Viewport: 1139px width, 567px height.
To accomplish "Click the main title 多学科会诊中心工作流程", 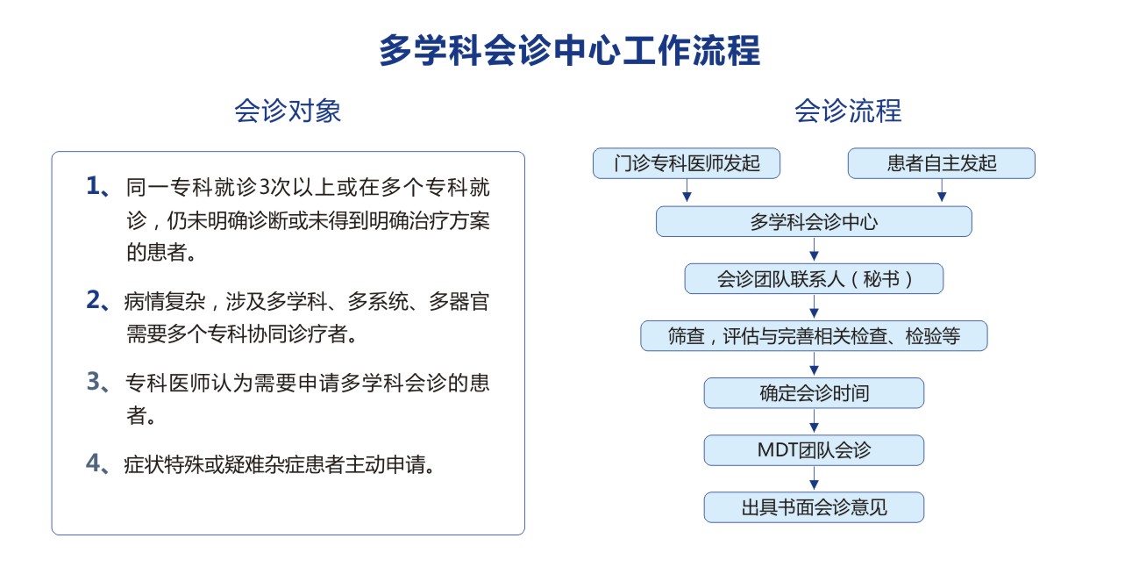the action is point(570,50).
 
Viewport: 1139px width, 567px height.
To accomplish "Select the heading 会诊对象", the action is point(288,111).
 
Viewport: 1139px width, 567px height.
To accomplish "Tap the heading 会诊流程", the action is point(848,111).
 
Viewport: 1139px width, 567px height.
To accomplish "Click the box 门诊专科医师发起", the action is point(687,163).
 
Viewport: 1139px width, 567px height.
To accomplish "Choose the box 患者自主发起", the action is point(941,163).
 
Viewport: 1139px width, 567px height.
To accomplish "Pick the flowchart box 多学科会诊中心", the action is point(814,221).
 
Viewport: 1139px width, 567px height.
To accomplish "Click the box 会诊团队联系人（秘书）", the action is point(814,278).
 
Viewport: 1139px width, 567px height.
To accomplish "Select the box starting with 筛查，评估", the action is point(814,335).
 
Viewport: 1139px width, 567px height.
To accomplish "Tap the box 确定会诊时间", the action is point(814,393).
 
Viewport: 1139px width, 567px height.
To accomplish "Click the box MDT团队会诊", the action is point(814,450).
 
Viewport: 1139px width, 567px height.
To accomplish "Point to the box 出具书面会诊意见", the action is point(814,507).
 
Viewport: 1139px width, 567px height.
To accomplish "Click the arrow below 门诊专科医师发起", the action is point(687,190).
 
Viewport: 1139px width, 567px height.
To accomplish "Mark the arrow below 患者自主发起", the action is point(942,190).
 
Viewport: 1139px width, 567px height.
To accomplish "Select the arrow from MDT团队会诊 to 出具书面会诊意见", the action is point(814,478).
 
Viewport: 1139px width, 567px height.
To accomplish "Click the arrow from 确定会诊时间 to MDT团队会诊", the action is point(814,421).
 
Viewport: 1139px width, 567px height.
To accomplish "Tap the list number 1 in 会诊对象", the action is point(93,186).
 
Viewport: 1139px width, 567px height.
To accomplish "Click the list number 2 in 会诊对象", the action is point(93,300).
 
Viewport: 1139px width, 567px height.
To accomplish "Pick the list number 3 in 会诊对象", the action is point(93,381).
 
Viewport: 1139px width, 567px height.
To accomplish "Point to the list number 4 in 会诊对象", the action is point(93,463).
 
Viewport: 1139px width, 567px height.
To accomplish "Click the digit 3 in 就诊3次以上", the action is point(264,187).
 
